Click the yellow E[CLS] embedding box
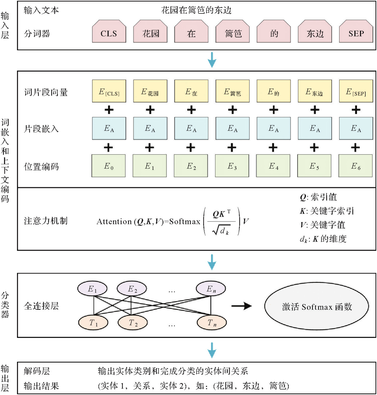[x=109, y=91]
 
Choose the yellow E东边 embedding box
[x=315, y=91]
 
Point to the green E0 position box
[x=109, y=166]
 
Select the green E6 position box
[x=355, y=166]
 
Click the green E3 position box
[x=232, y=166]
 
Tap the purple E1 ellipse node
[x=92, y=289]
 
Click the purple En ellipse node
[x=211, y=289]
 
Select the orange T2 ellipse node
[x=133, y=323]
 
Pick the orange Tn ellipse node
[x=212, y=323]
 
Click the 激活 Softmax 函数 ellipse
[x=317, y=306]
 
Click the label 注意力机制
[x=46, y=221]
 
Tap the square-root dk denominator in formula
[x=221, y=230]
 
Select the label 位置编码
[x=41, y=167]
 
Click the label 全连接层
[x=41, y=306]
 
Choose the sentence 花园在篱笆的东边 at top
[x=196, y=10]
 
